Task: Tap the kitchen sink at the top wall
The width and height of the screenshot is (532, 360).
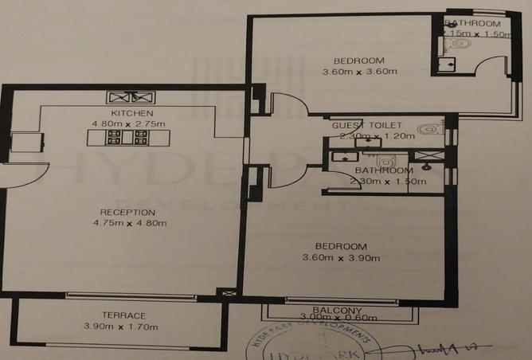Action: click(x=131, y=97)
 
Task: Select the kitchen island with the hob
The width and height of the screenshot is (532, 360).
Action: click(x=127, y=137)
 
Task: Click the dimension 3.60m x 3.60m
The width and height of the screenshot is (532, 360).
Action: click(x=359, y=72)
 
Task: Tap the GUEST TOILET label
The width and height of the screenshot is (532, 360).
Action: click(x=367, y=126)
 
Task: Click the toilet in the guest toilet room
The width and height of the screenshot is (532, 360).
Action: click(x=428, y=128)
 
